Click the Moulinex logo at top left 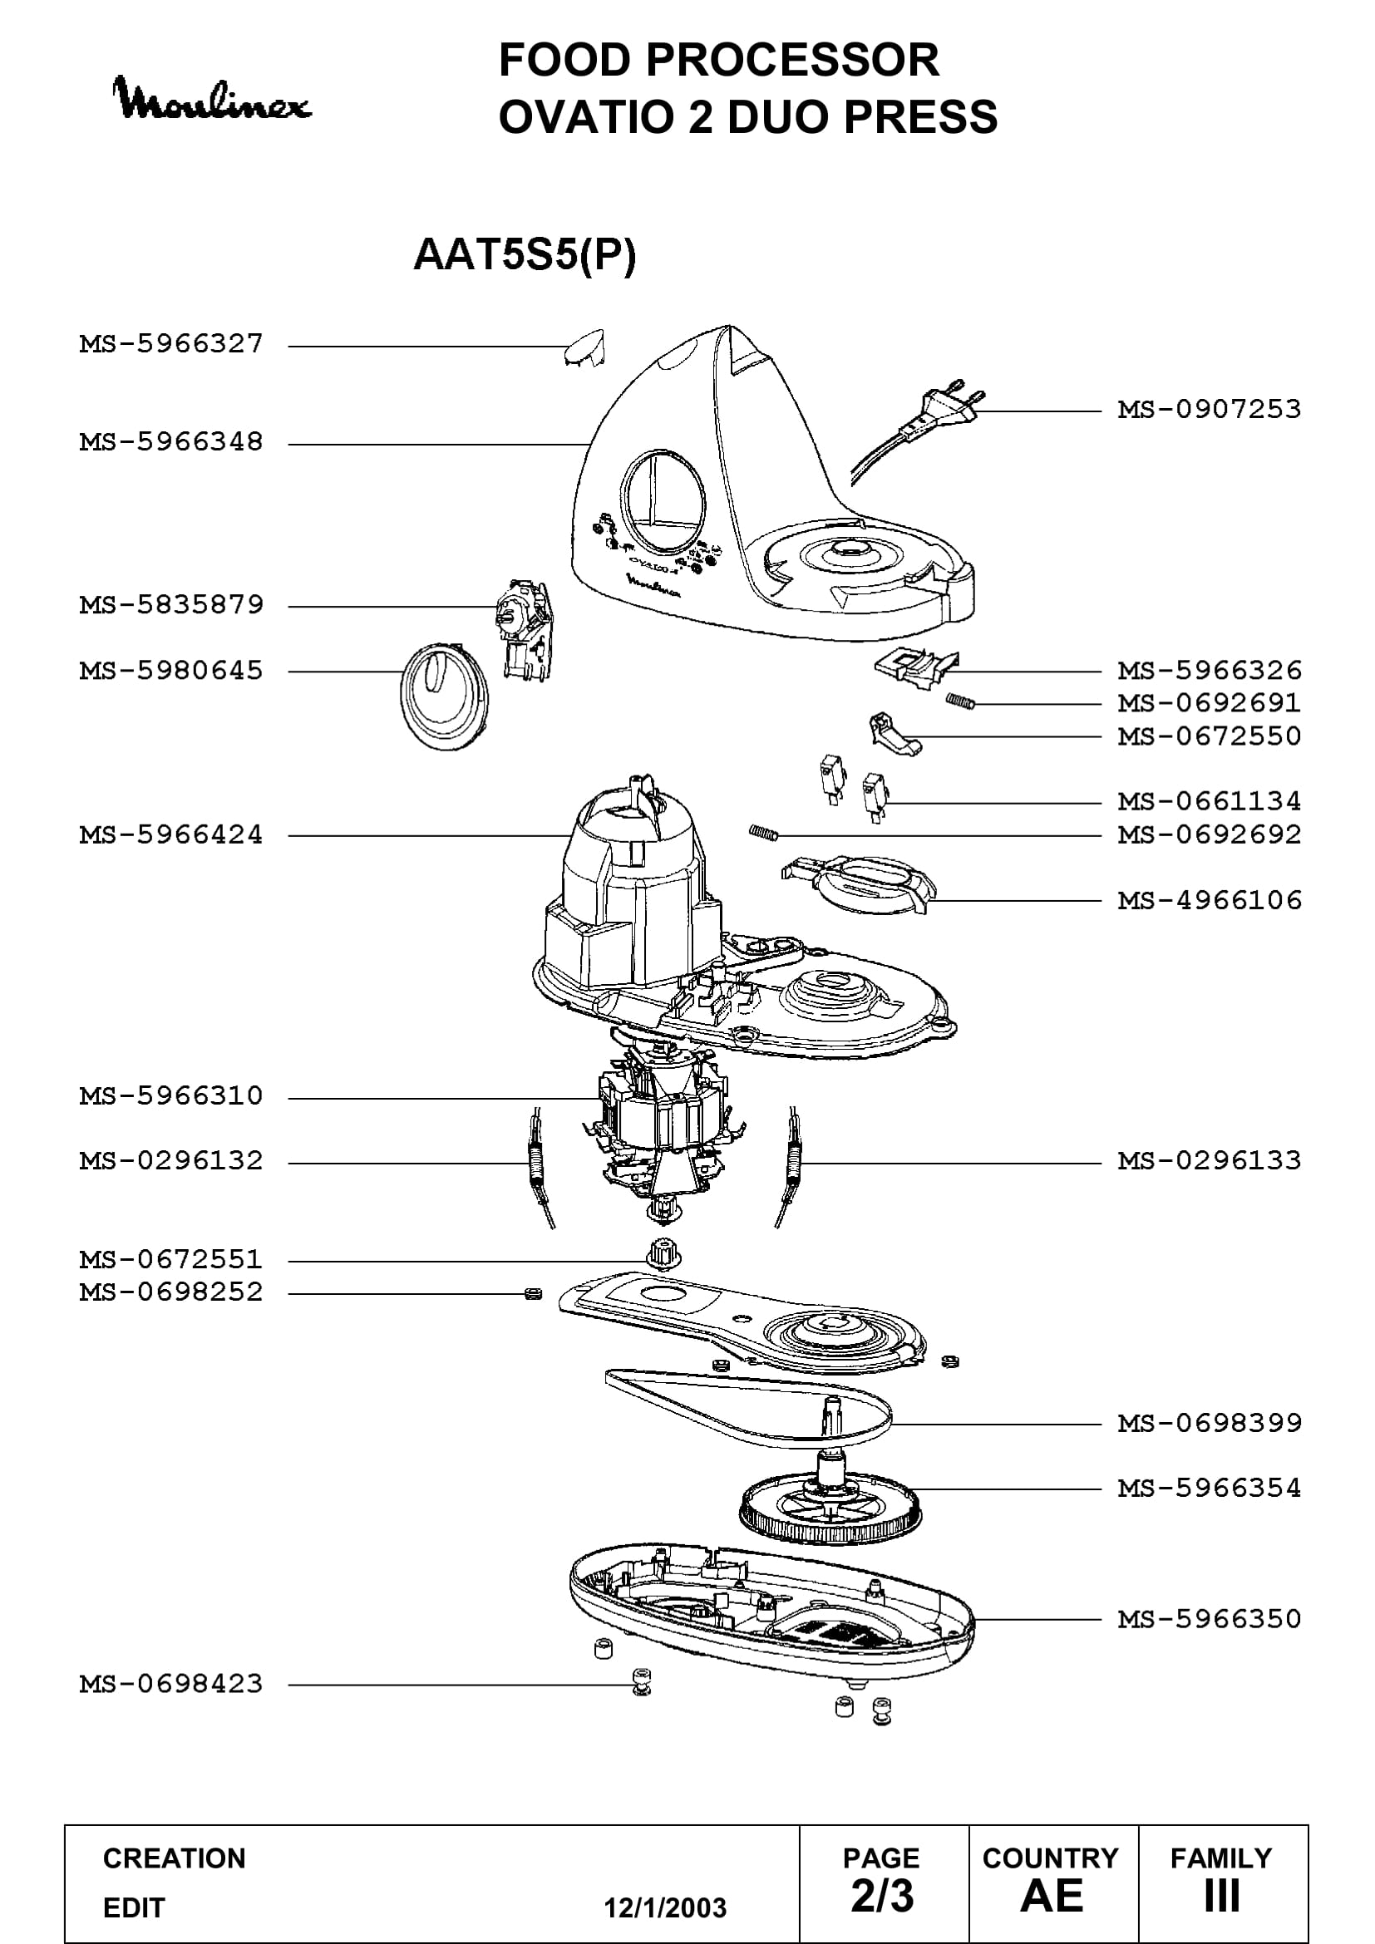click(x=213, y=101)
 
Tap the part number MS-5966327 click(x=172, y=344)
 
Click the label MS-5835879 click(x=172, y=604)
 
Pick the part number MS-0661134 click(x=1209, y=801)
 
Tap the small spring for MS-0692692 click(x=763, y=833)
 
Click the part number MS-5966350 click(x=1209, y=1619)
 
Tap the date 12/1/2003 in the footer click(x=665, y=1907)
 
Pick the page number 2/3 click(x=882, y=1896)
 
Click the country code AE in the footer click(x=1052, y=1896)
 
